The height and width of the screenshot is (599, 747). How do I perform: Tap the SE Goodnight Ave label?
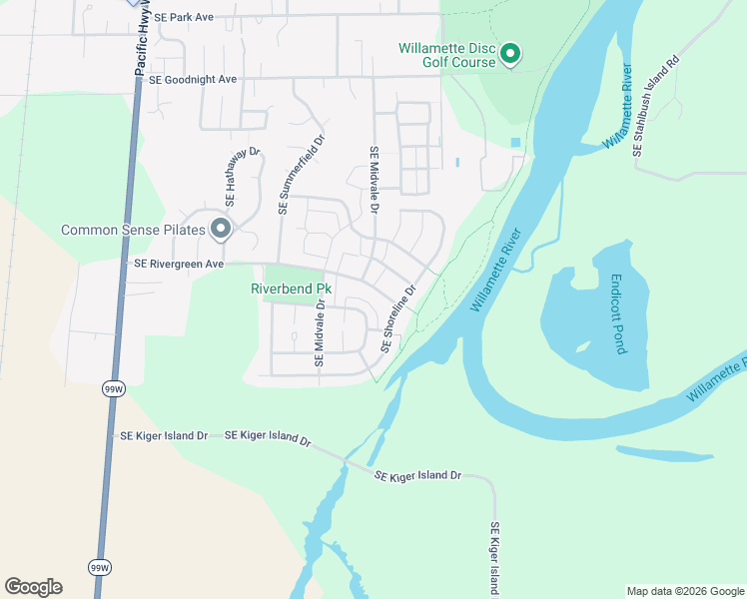193,79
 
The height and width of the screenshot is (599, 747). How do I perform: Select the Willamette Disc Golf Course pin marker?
510,54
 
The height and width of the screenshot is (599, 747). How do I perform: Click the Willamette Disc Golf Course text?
446,55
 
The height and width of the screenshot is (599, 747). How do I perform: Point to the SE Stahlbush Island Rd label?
654,105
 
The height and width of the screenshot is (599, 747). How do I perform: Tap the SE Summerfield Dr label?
302,175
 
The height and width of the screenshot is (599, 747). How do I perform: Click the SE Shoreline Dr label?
396,319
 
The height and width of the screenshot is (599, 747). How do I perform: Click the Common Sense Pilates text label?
133,230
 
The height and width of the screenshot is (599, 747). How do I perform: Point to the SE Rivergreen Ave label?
180,265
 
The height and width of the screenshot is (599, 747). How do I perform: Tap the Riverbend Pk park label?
290,290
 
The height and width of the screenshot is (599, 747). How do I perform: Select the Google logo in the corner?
33,587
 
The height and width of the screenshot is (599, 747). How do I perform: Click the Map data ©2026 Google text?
684,591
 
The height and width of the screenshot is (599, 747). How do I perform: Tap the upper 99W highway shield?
112,388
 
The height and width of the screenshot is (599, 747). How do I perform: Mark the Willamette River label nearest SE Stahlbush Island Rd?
618,109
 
